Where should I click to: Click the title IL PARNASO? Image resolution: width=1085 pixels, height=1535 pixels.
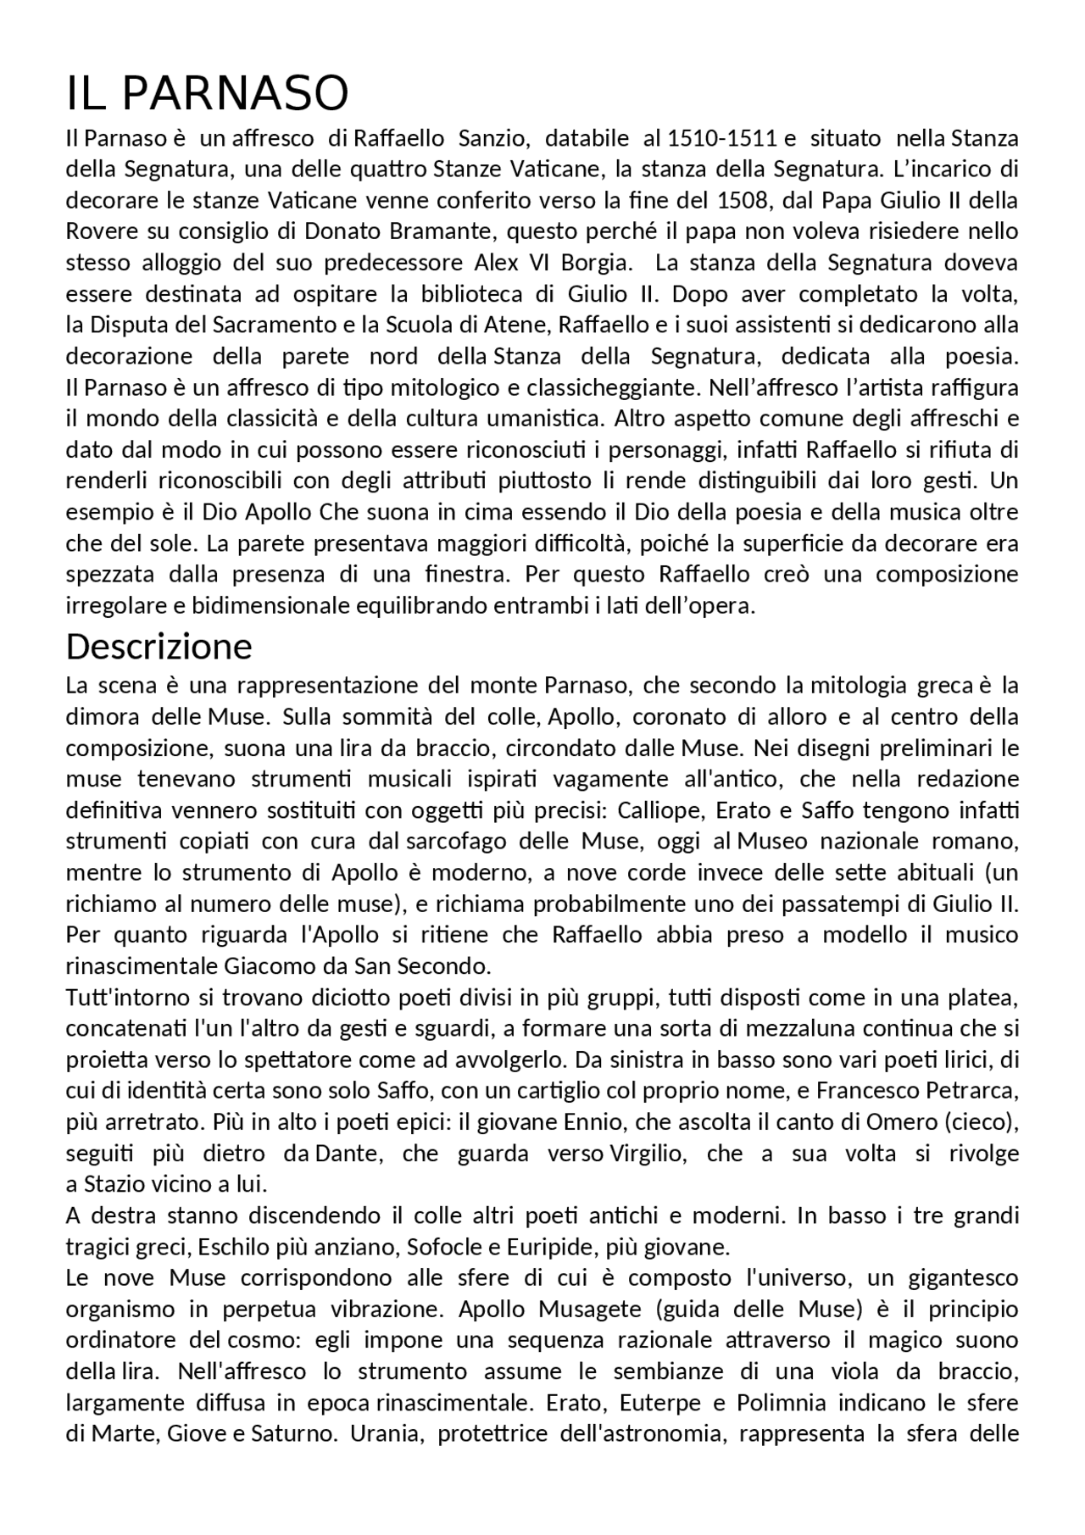[207, 93]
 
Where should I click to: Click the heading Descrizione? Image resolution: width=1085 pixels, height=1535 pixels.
[159, 647]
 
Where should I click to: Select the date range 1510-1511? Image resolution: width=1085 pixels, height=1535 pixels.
[723, 137]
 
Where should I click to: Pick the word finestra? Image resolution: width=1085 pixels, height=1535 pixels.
[465, 575]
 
